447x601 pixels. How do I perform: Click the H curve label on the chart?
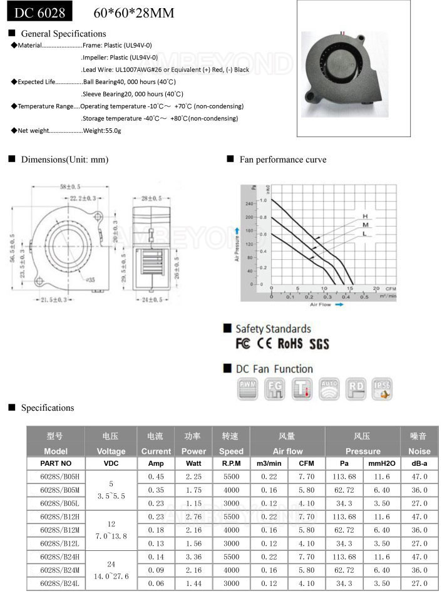coord(364,217)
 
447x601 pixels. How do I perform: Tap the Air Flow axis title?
coord(321,305)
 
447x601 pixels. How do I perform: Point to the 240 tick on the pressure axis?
coord(250,204)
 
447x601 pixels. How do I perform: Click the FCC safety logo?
coord(243,344)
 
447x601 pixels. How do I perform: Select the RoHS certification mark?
coord(290,344)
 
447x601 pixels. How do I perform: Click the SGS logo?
coord(319,344)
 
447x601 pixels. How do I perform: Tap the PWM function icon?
coord(248,389)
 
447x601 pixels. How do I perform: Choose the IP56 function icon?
coord(382,389)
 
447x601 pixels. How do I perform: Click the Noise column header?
coord(419,451)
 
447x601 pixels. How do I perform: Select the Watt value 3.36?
coord(193,556)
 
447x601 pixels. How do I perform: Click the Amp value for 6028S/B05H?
coord(156,476)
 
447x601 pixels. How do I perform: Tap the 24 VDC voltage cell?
coord(111,563)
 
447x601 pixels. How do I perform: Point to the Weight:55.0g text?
coord(102,130)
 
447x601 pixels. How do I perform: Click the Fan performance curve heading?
coord(282,160)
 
